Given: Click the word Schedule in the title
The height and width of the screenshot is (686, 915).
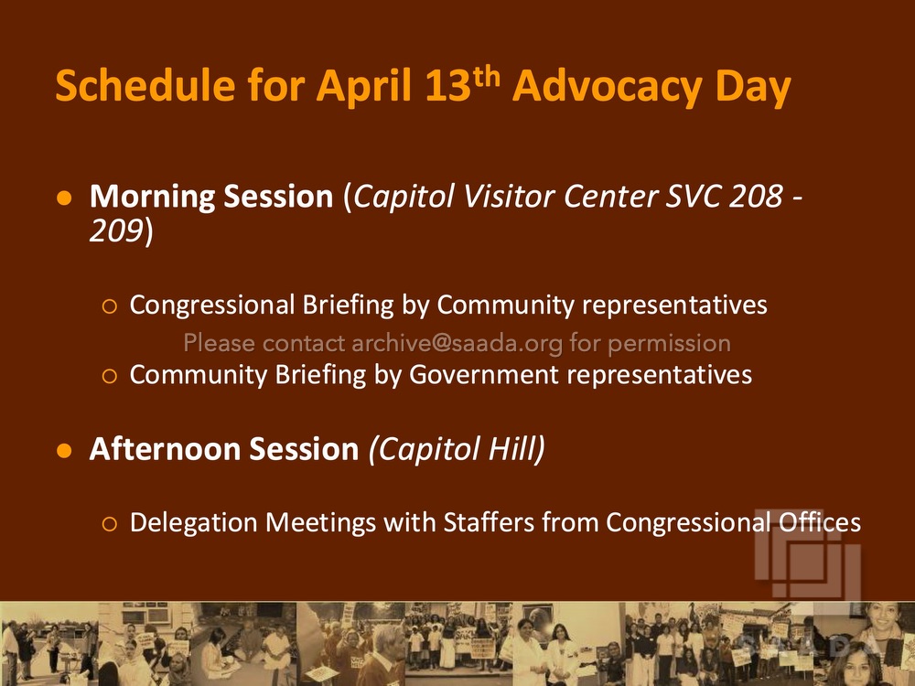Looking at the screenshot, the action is [145, 86].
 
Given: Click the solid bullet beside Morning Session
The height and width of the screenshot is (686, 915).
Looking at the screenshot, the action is [64, 198].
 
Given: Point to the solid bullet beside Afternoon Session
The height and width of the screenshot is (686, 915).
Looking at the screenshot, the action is [64, 451].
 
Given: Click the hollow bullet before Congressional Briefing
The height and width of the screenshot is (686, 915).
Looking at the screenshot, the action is [109, 306].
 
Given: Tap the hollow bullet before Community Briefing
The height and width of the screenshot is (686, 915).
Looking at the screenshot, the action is [109, 376].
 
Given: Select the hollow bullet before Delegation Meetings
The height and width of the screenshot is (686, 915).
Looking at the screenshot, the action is [109, 523].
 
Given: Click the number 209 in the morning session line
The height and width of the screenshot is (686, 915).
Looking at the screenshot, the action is [116, 230].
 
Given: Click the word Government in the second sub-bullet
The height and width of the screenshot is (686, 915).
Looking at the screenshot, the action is [484, 375].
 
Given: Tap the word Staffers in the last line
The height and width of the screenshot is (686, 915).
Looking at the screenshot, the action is [489, 522].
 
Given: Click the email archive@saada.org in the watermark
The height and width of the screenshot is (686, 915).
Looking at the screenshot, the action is [457, 343].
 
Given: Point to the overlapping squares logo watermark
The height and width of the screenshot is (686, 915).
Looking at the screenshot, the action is [808, 553].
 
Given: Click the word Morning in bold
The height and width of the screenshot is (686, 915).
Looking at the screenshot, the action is [153, 197].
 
